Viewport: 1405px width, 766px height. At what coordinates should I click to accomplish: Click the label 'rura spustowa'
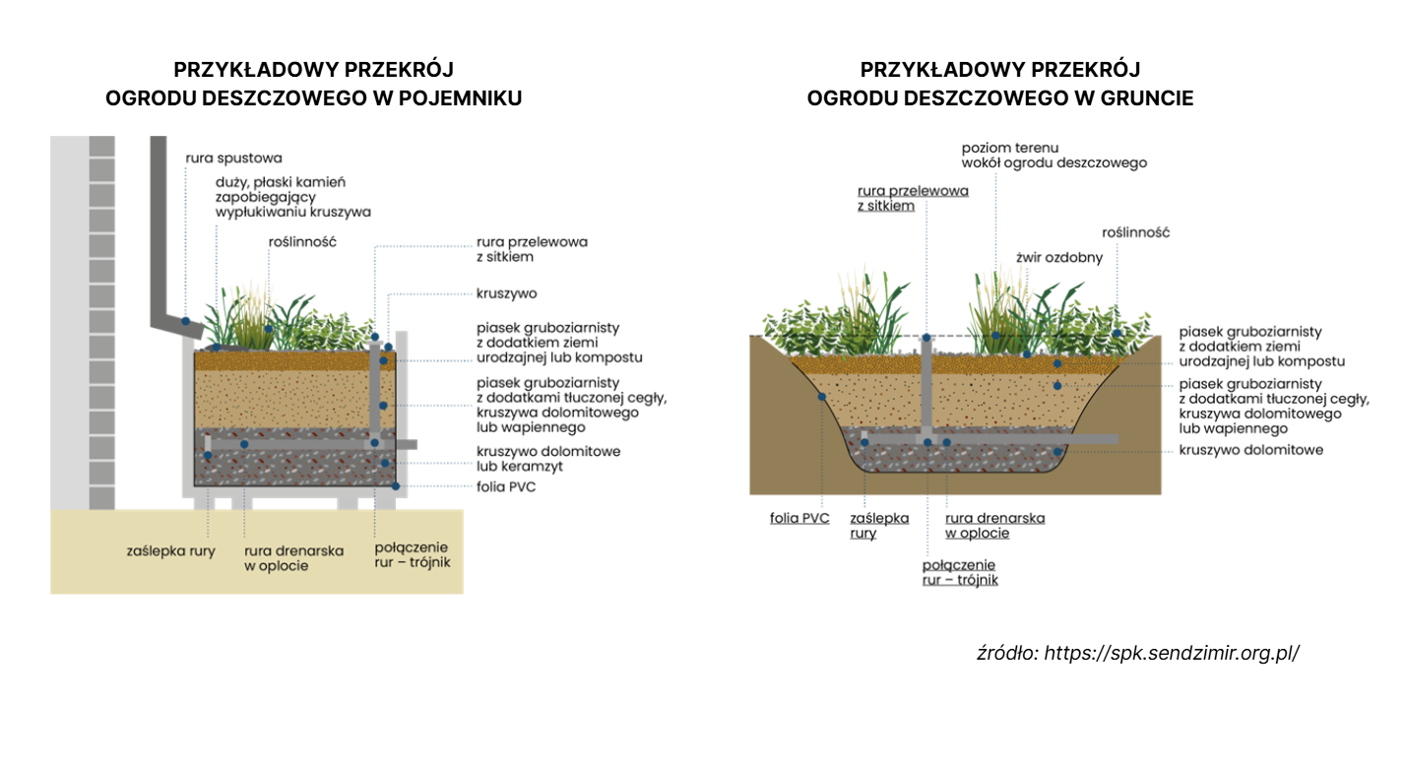(233, 158)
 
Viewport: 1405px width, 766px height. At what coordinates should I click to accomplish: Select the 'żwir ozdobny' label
(1059, 257)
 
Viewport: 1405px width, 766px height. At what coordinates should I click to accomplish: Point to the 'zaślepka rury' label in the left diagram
(170, 550)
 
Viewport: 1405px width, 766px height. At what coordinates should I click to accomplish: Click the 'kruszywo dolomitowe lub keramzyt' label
(548, 458)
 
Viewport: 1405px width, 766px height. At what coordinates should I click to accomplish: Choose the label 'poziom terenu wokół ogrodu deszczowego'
(1054, 155)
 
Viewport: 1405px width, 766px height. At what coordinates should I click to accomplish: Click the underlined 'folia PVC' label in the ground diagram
(799, 518)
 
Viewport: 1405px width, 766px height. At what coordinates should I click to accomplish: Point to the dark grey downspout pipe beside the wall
(161, 236)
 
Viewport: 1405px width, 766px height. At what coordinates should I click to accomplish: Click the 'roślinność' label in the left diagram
(302, 241)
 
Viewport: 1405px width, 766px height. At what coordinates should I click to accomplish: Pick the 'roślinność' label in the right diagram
(1135, 232)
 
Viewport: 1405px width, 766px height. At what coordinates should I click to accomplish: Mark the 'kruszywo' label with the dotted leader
(506, 293)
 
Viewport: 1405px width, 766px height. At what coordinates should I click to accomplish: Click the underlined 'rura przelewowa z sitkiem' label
(912, 198)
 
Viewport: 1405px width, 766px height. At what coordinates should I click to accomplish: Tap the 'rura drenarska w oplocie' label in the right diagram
(994, 526)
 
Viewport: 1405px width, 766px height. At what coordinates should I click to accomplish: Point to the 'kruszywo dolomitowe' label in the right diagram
(1250, 450)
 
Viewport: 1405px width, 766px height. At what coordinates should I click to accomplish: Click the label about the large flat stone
(292, 197)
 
